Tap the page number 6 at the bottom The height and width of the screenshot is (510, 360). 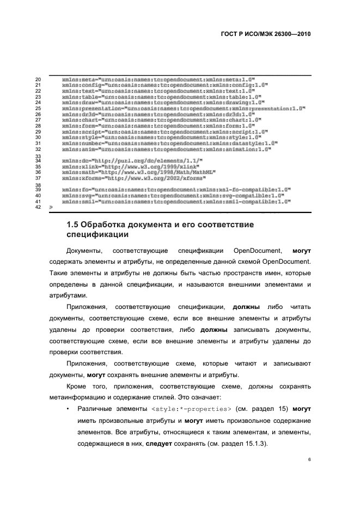point(309,460)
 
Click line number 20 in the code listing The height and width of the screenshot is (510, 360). point(38,80)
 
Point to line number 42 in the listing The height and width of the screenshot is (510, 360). point(38,207)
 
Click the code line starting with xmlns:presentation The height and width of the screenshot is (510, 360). point(183,108)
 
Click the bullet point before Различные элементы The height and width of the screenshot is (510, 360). point(66,408)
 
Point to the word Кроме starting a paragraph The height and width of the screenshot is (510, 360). point(76,386)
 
